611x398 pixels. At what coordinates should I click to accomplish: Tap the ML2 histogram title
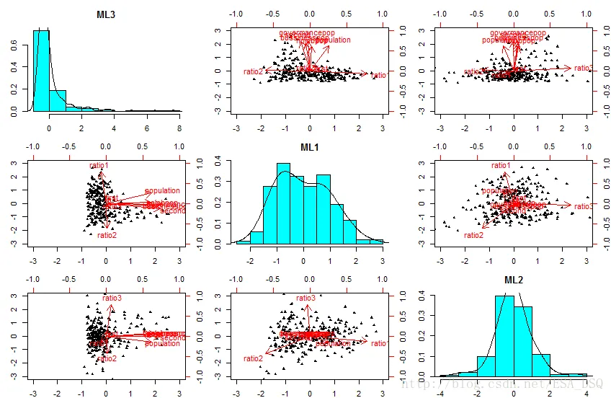pos(514,280)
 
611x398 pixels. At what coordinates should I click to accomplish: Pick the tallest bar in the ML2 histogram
pos(504,336)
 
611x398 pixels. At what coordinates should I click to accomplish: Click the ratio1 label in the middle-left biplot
pos(99,166)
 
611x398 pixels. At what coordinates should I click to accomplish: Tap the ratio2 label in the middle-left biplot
pos(107,235)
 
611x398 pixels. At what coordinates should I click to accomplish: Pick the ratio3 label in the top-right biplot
pos(584,68)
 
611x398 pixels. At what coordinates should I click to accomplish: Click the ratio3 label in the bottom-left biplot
pos(112,298)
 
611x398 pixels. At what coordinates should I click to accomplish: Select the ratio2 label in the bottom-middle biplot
pos(253,358)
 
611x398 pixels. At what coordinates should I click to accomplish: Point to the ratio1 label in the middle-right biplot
pos(501,166)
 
